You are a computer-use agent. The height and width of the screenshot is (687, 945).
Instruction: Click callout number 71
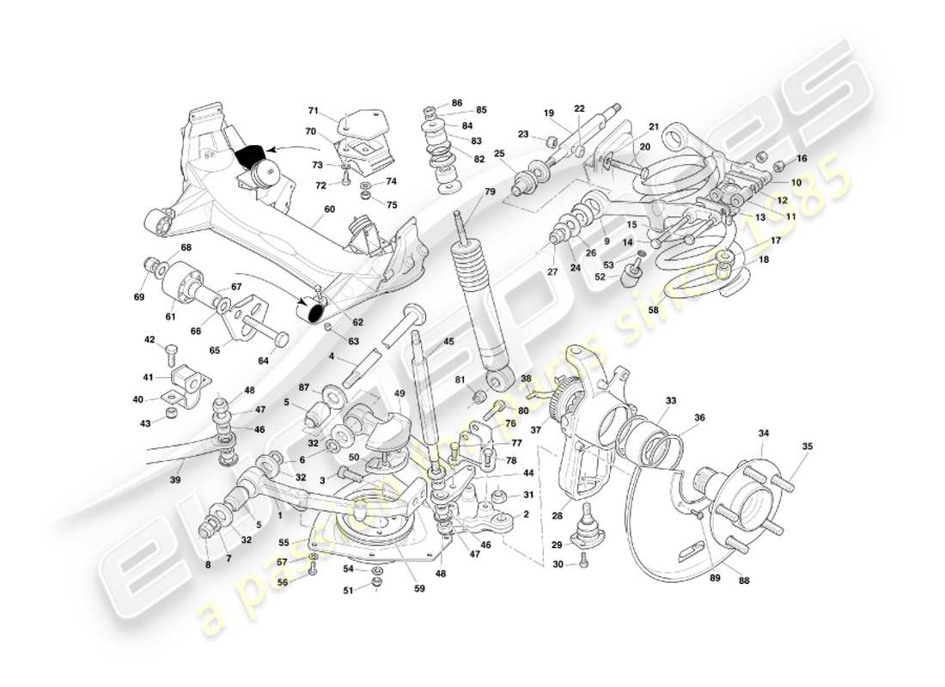tap(314, 111)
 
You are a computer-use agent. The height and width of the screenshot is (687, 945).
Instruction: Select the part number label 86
tap(456, 102)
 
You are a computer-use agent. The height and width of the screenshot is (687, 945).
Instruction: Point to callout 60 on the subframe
tap(329, 209)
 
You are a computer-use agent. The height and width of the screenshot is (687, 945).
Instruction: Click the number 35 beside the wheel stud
tap(807, 447)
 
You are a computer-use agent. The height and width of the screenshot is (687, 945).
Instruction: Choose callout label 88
tap(743, 580)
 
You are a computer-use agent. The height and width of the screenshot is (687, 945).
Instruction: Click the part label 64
tap(263, 361)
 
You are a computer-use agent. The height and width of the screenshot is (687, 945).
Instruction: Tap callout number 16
tap(802, 159)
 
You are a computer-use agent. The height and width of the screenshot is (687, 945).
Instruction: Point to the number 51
tap(348, 590)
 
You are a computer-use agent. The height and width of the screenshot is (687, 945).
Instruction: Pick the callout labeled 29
tap(557, 545)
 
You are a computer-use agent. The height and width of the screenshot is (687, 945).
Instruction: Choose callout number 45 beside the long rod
tap(448, 342)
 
